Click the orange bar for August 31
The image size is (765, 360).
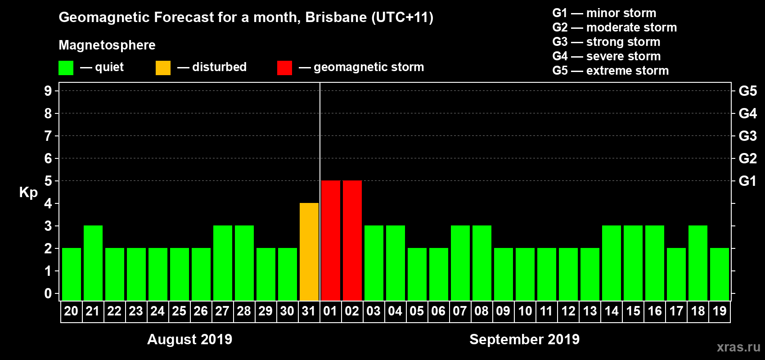309,252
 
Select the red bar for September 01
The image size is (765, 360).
331,241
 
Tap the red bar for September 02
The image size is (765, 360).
352,241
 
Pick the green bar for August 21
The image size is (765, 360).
93,263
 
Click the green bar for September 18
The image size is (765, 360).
698,263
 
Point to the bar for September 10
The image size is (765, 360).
525,274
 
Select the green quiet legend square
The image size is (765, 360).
66,68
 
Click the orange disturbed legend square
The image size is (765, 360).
163,68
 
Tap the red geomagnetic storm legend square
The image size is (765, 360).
284,68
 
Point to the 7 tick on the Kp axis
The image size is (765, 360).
48,136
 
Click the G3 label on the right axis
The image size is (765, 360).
747,136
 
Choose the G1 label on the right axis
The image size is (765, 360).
747,181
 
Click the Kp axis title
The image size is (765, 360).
28,192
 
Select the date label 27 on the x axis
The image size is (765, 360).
222,311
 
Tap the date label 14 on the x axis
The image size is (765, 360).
612,311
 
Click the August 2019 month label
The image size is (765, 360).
189,339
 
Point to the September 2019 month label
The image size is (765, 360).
524,339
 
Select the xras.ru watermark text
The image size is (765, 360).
738,347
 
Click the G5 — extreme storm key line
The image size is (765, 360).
610,71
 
